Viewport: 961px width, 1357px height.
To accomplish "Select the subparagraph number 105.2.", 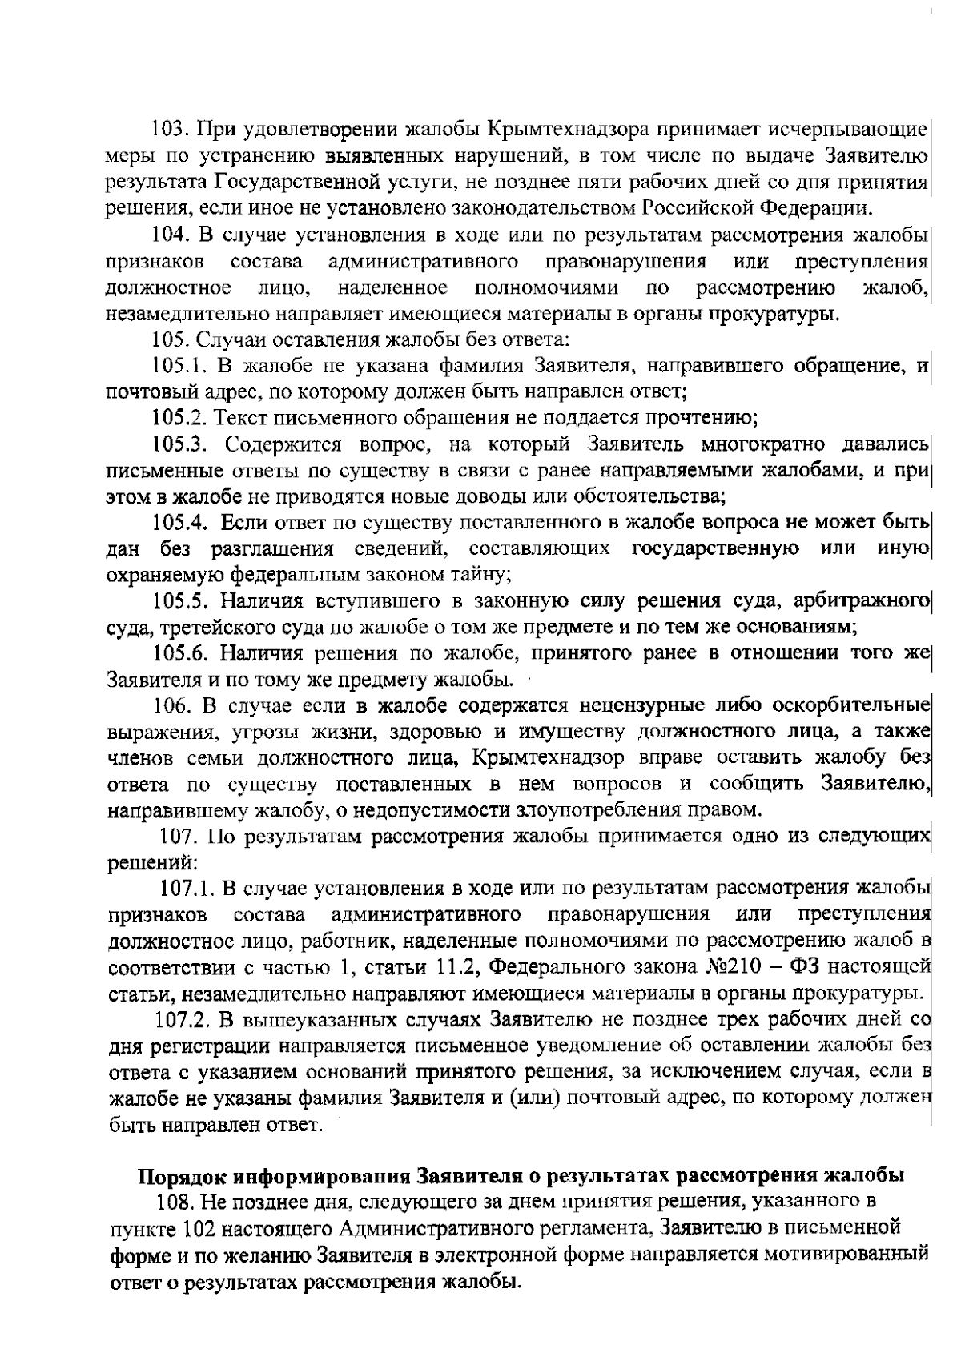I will [x=179, y=418].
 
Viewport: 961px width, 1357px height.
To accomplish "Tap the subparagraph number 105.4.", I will [x=181, y=524].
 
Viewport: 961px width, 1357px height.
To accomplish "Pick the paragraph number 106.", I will [x=171, y=705].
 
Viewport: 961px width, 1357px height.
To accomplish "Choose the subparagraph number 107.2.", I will [x=181, y=1020].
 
